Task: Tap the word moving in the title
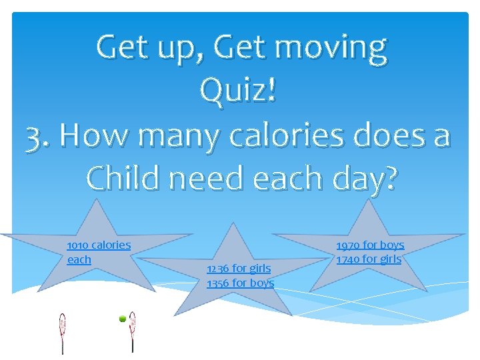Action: (331, 48)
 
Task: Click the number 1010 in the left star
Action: (78, 245)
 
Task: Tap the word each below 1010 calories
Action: (79, 259)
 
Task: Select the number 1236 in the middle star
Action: (217, 269)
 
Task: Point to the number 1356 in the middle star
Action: (217, 283)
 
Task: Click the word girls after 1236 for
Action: (259, 269)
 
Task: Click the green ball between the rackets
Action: (123, 319)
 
